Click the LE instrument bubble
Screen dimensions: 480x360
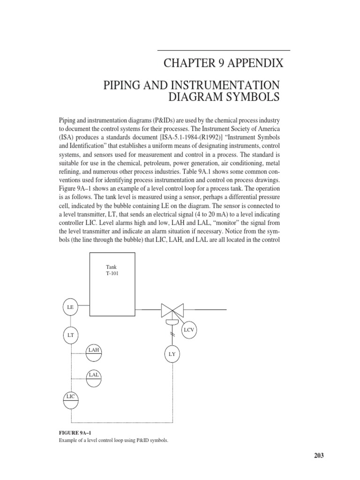71,307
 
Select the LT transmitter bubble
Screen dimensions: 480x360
71,335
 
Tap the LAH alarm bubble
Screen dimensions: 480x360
94,352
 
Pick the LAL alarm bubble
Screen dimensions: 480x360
94,377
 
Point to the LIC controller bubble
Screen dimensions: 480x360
71,400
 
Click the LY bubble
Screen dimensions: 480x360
172,354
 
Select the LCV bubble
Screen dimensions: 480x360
189,330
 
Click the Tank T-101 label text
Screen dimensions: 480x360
112,270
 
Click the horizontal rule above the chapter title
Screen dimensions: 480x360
224,50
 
